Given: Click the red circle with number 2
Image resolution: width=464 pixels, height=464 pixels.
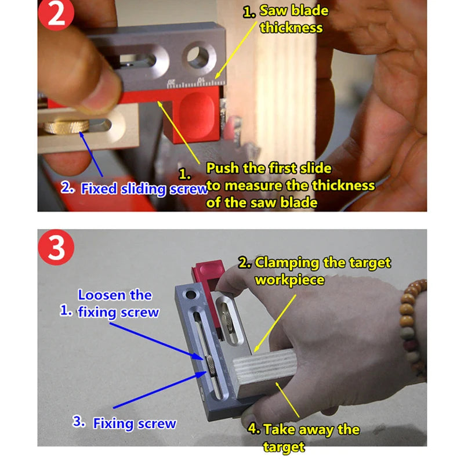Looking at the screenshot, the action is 56,13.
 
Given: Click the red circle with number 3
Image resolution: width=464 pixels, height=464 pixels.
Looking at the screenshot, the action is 56,247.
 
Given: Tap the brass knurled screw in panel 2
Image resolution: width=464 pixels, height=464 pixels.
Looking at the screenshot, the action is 66,126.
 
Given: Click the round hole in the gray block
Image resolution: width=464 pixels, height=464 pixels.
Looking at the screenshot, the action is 198,56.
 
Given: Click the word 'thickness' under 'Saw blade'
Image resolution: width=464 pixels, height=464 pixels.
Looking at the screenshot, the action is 291,28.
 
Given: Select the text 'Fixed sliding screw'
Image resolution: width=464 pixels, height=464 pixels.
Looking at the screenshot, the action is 144,189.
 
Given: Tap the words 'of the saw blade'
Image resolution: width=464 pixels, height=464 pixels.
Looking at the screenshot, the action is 262,202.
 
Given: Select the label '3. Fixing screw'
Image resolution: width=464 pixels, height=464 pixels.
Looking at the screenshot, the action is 124,423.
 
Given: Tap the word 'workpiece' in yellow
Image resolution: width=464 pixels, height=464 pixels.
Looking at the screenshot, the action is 289,280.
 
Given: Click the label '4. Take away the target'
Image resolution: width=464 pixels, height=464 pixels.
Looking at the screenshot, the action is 303,438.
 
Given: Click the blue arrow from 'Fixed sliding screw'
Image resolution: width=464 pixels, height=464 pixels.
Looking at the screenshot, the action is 91,154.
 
